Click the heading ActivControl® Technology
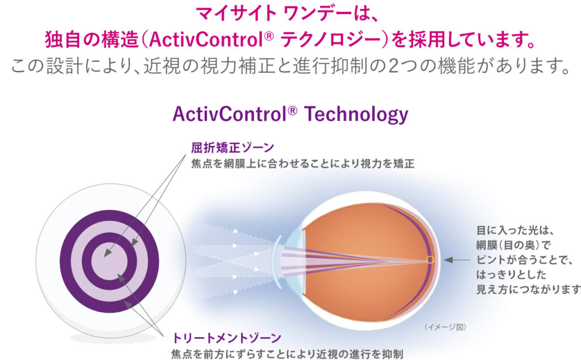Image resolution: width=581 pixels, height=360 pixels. click(290, 114)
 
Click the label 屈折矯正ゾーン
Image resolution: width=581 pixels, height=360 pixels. click(232, 148)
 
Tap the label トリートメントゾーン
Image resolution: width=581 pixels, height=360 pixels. click(227, 338)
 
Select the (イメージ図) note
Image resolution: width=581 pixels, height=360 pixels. click(445, 327)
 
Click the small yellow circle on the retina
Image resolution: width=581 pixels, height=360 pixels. click(430, 260)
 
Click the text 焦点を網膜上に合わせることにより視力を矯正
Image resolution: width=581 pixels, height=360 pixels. click(303, 164)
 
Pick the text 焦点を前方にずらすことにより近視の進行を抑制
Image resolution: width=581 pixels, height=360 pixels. click(287, 354)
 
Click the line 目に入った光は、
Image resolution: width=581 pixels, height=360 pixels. click(515, 231)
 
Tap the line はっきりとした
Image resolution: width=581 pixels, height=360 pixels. click(511, 275)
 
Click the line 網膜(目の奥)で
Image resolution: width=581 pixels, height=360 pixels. click(513, 245)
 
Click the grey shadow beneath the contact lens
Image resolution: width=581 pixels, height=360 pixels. click(113, 338)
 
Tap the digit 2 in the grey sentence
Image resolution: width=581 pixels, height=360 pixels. click(395, 66)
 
